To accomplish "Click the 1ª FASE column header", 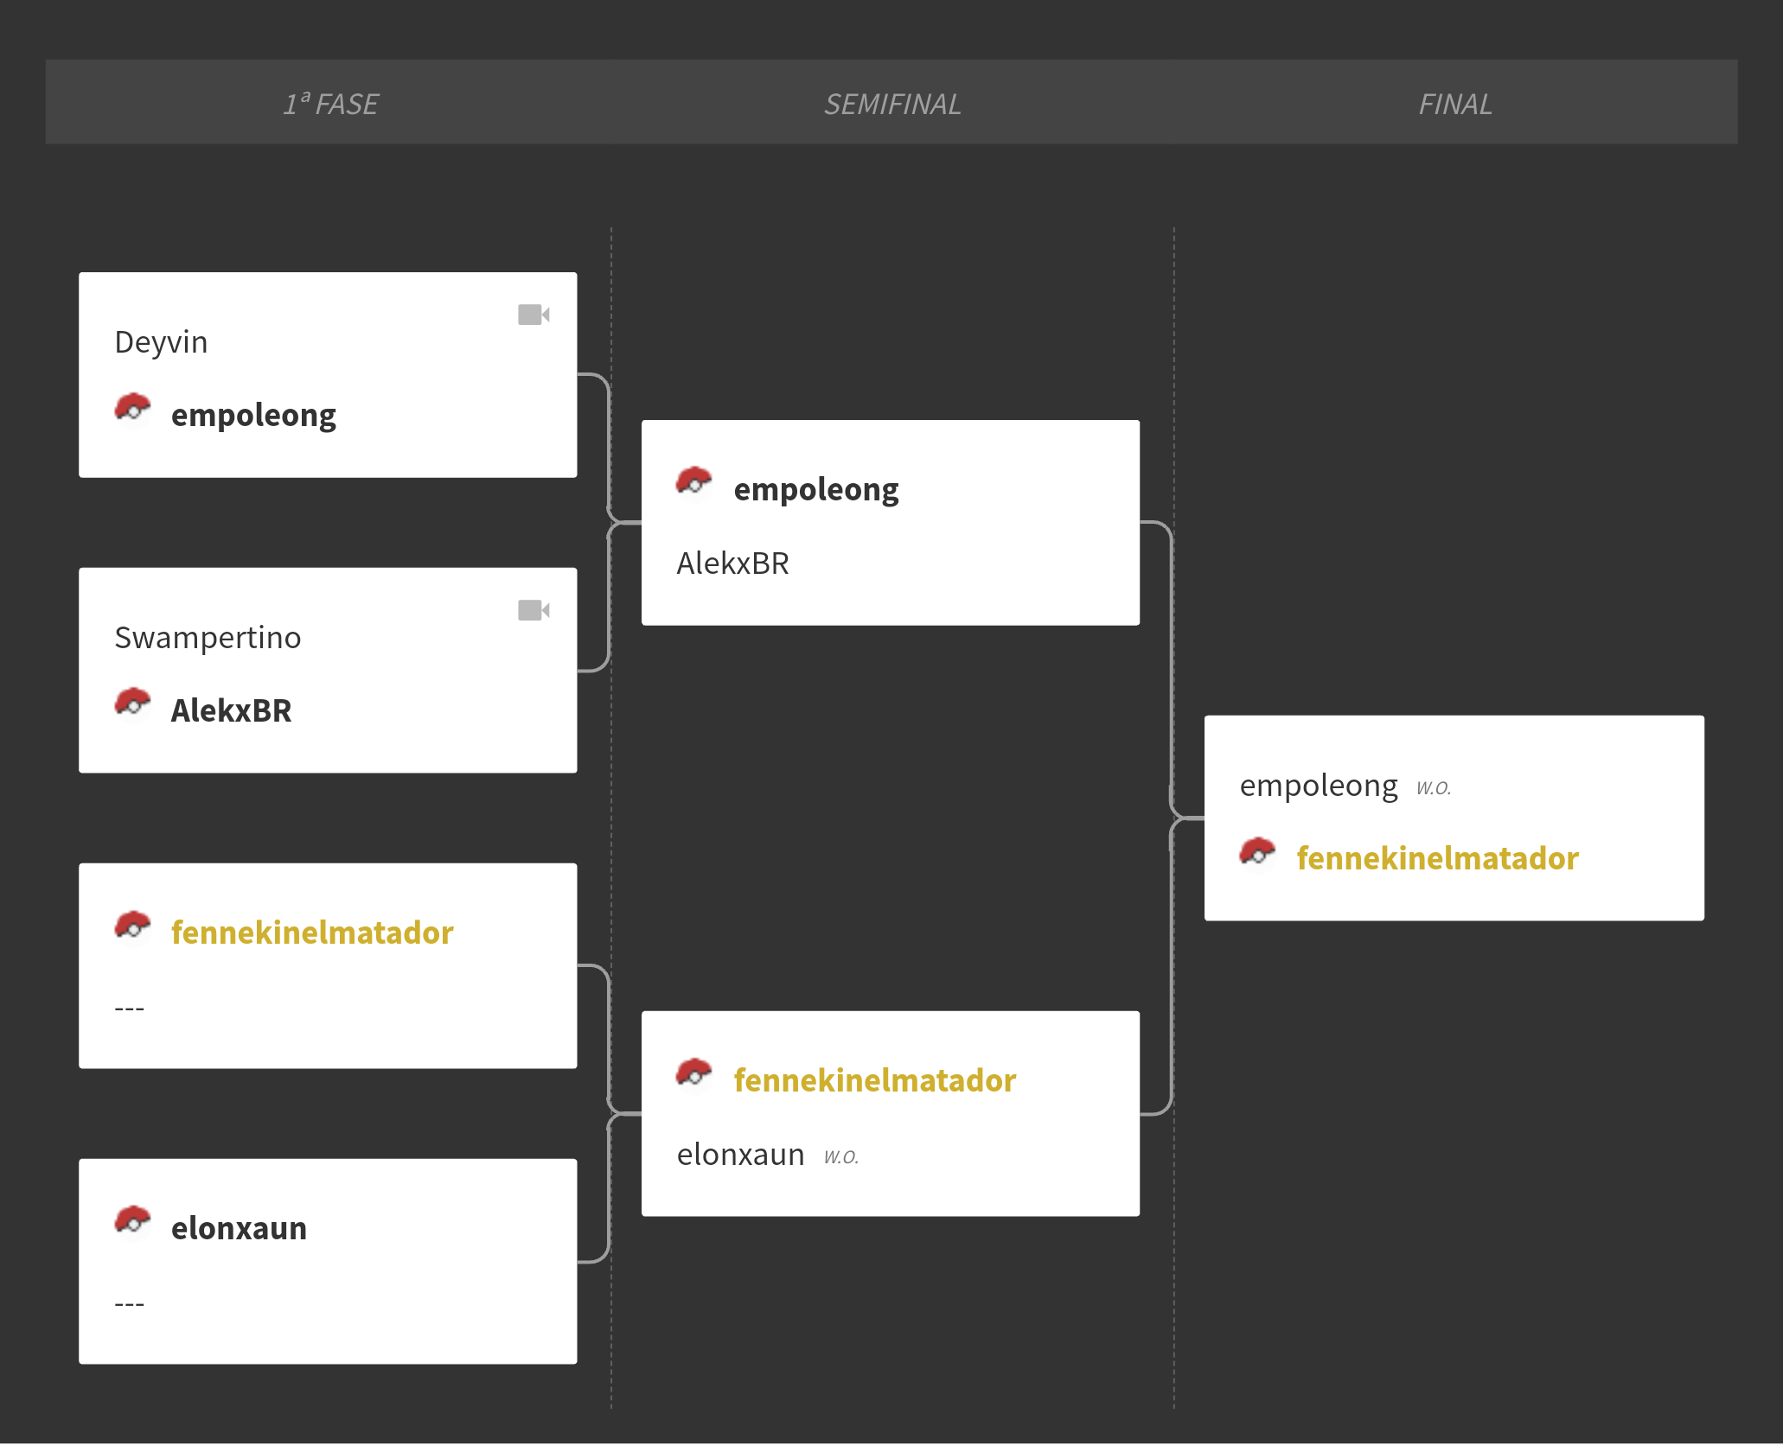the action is coord(330,104).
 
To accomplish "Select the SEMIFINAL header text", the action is coord(892,104).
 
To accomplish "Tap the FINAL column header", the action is coord(1455,104).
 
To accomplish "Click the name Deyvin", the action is coord(161,342).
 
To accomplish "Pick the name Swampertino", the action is coord(208,638).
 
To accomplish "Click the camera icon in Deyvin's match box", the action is coord(534,315).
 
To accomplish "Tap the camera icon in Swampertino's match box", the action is coord(534,610).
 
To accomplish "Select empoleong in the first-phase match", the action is coord(253,416).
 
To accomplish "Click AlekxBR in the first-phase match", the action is coord(231,710).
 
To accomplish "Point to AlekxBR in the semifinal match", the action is coord(732,563).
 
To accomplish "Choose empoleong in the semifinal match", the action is coord(816,490).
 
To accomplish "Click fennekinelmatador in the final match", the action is coord(1437,858).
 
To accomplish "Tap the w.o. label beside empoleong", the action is coord(1434,787).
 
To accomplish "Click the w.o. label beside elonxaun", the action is coord(841,1156).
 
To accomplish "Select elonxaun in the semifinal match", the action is coord(740,1155).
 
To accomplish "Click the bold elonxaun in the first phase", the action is coord(239,1228).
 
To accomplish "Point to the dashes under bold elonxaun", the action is coord(129,1303).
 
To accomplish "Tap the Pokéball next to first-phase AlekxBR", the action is coord(132,703).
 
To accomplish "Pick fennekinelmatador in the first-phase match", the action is coord(312,933).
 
